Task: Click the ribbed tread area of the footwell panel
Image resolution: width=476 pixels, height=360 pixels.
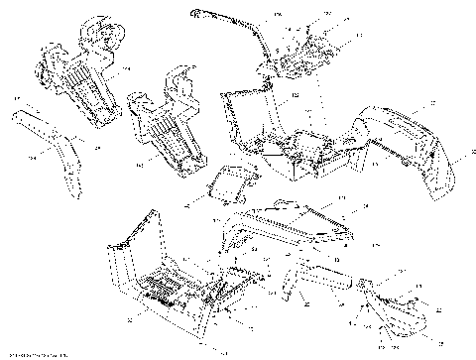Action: click(x=169, y=288)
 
